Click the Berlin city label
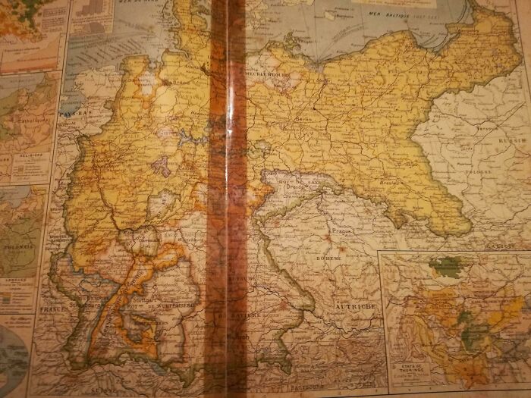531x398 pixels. (x=307, y=119)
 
